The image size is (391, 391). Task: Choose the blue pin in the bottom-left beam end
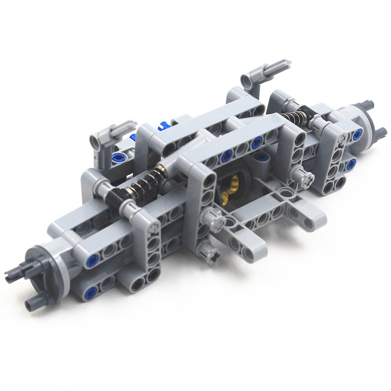tap(91, 291)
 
